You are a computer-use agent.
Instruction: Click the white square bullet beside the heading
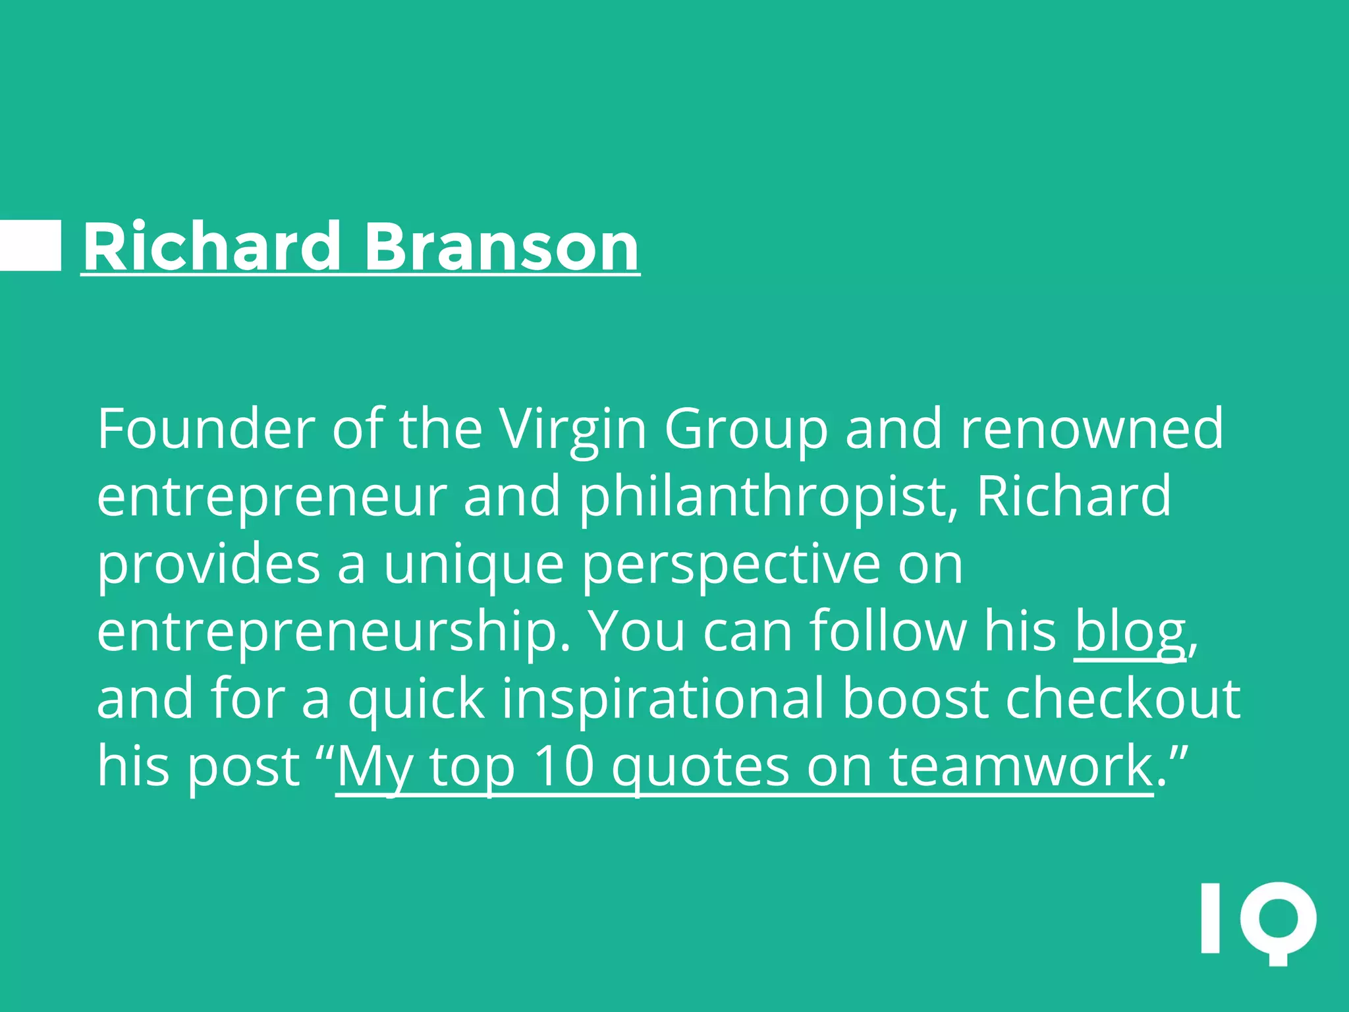[x=30, y=245]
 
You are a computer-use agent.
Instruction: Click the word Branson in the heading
[x=501, y=246]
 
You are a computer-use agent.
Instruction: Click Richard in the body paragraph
[x=1074, y=496]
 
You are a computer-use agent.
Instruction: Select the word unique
[x=474, y=565]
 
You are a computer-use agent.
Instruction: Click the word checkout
[x=1123, y=698]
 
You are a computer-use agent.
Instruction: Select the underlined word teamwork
[x=1020, y=766]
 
